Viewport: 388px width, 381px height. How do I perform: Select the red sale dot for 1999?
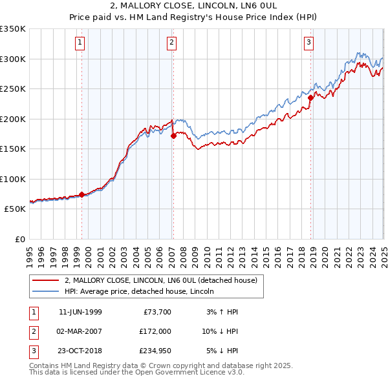coord(82,194)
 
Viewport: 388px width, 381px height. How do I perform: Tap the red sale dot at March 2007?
coord(173,136)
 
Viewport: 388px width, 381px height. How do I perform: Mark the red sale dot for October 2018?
coord(311,98)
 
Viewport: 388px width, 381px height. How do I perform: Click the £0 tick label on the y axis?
coord(19,239)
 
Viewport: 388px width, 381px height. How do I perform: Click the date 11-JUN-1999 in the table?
coord(80,312)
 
